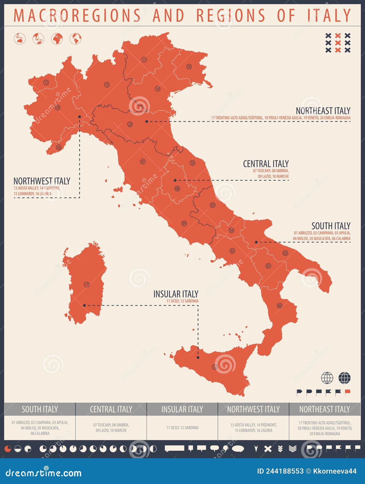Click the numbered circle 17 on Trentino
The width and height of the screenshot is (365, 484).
tap(144, 60)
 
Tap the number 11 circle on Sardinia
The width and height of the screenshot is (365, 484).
tap(87, 284)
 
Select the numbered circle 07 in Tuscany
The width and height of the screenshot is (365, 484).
tap(143, 162)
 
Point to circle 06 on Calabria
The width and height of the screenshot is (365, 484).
tap(279, 306)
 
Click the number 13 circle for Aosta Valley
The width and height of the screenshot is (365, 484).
tap(46, 82)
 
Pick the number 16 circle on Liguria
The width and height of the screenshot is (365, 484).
tap(59, 147)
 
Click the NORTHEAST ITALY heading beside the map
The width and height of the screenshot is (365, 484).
tap(323, 111)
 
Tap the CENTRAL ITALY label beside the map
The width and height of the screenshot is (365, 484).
tap(266, 164)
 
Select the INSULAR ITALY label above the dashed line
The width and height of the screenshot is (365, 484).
tap(176, 294)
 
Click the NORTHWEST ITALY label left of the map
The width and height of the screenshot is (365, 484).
tap(42, 181)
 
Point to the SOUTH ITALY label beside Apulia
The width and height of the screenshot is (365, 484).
tap(331, 226)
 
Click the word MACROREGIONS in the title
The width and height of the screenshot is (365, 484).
tap(77, 15)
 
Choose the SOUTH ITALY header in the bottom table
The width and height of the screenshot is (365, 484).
tap(40, 409)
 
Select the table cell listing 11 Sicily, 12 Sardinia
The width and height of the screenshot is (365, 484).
tap(182, 428)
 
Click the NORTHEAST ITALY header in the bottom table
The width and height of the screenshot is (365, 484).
tap(325, 409)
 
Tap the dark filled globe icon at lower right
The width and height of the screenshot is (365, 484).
tap(344, 378)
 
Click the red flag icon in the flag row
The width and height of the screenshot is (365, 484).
tap(348, 391)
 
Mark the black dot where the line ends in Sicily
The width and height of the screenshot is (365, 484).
tap(198, 357)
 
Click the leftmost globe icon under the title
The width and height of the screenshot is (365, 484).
tap(20, 39)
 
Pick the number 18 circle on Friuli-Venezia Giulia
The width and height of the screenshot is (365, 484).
tap(189, 66)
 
